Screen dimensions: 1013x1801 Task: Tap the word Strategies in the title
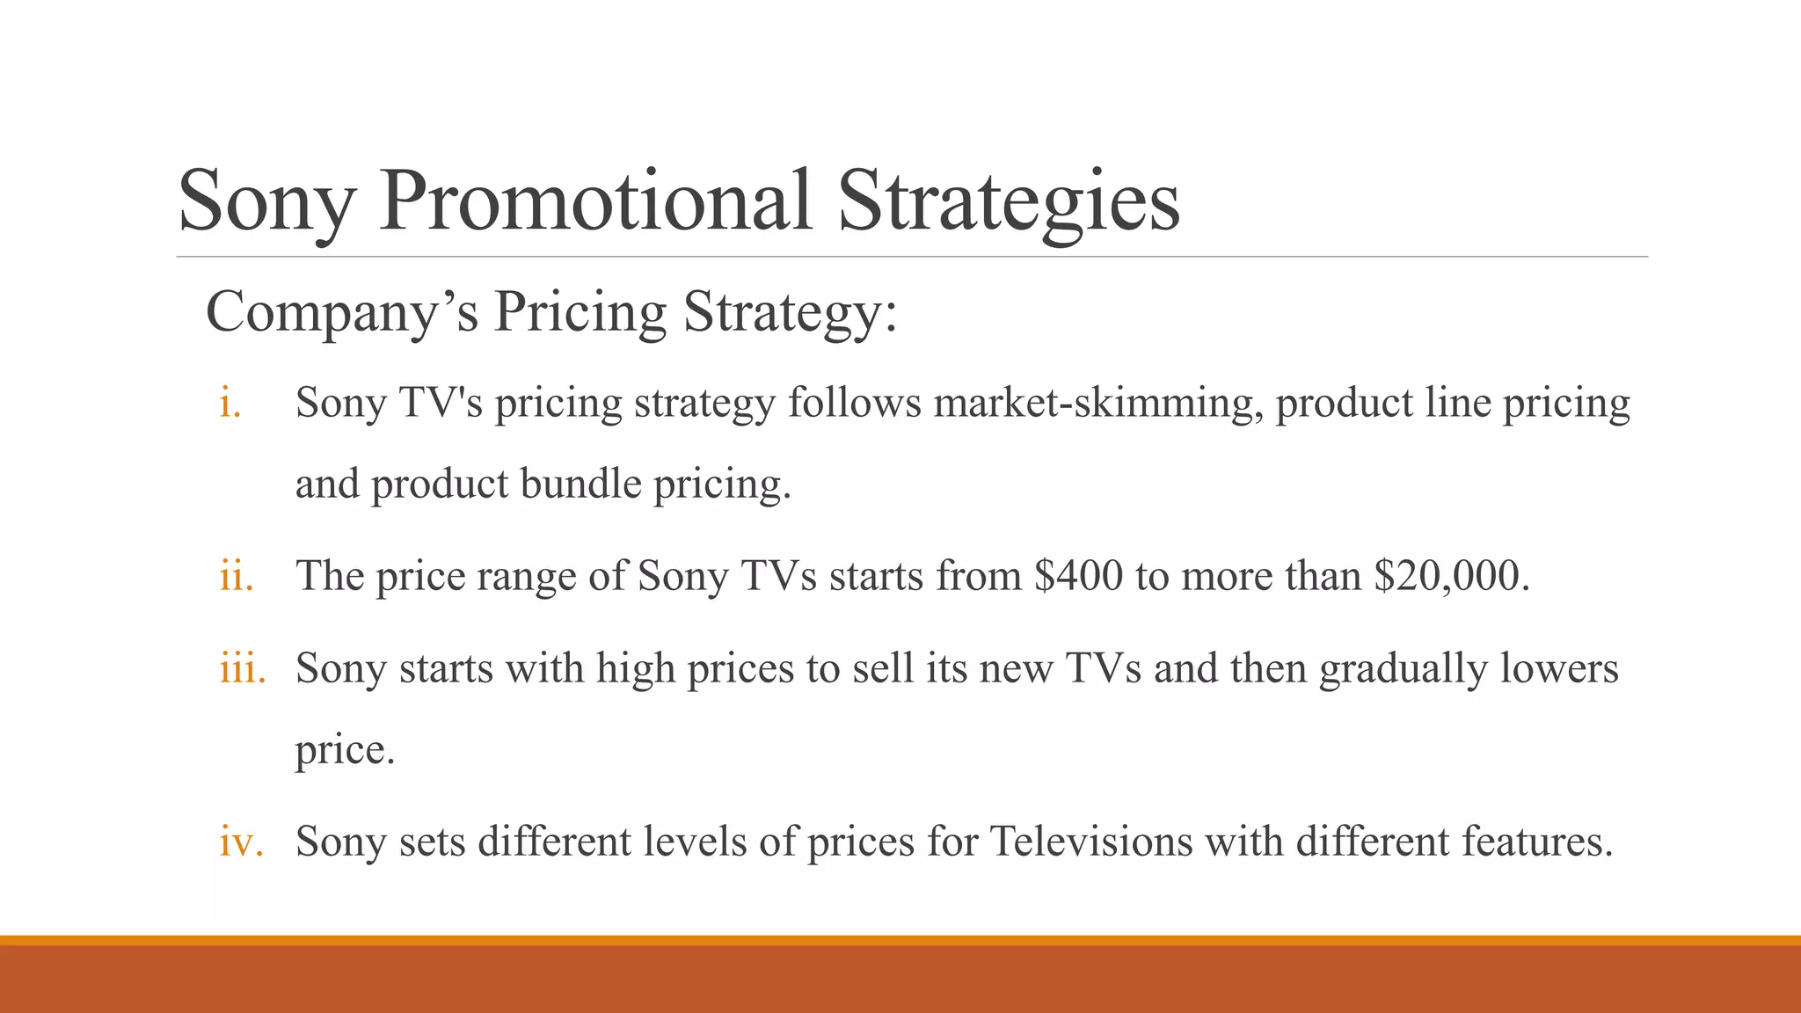click(1009, 202)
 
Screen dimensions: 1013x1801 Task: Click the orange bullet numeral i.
click(230, 404)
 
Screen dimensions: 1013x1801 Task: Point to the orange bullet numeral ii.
click(236, 577)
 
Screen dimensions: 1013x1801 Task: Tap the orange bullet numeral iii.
click(242, 668)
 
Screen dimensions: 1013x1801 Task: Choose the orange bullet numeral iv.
click(241, 842)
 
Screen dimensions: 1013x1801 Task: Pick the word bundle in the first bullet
click(580, 485)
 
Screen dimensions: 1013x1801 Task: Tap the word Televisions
click(1091, 842)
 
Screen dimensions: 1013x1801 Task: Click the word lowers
click(1558, 668)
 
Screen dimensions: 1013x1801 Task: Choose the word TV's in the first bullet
click(441, 404)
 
